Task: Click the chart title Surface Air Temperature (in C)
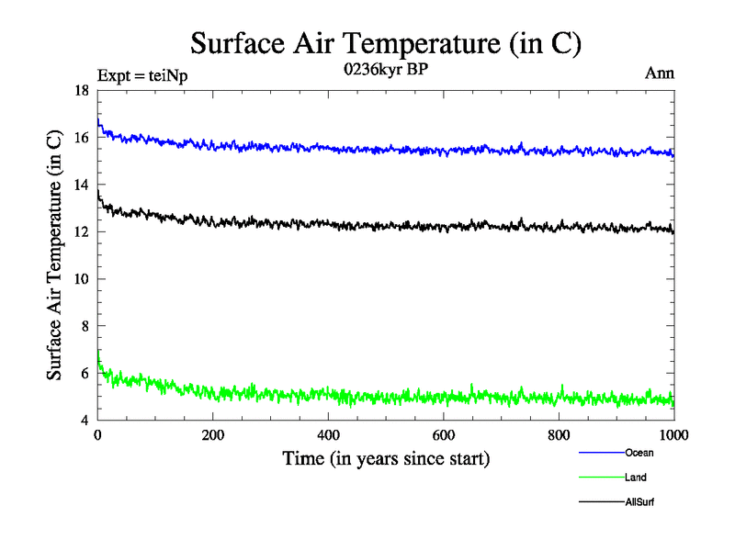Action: pos(386,43)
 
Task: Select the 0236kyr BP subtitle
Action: pos(386,70)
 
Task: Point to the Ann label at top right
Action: pos(660,73)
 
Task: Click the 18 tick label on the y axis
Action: pos(81,91)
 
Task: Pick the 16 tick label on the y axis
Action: pos(81,138)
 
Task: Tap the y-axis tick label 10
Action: pos(81,279)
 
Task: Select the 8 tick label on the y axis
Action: pos(85,326)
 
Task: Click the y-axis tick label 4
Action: pos(85,421)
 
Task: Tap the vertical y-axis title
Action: pos(56,254)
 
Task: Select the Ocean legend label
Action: pos(639,453)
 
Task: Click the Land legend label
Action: pos(635,478)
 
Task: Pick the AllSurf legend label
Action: pos(639,502)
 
